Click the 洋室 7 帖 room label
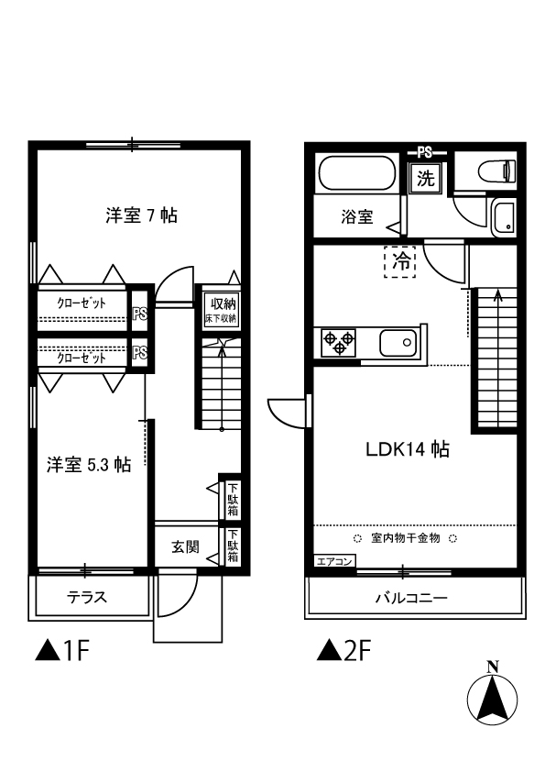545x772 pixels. pyautogui.click(x=141, y=216)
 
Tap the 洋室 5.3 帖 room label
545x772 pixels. pyautogui.click(x=89, y=465)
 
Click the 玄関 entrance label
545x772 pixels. pyautogui.click(x=185, y=547)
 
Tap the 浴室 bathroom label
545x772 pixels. pyautogui.click(x=357, y=217)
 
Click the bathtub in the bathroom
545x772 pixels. pyautogui.click(x=357, y=174)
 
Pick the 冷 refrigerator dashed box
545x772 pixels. pyautogui.click(x=400, y=261)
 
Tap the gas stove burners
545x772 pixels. pyautogui.click(x=338, y=344)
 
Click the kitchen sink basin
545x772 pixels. pyautogui.click(x=398, y=344)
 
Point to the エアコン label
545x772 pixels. pyautogui.click(x=333, y=561)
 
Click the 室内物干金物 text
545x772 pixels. pyautogui.click(x=403, y=538)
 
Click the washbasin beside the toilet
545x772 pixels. pyautogui.click(x=504, y=218)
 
